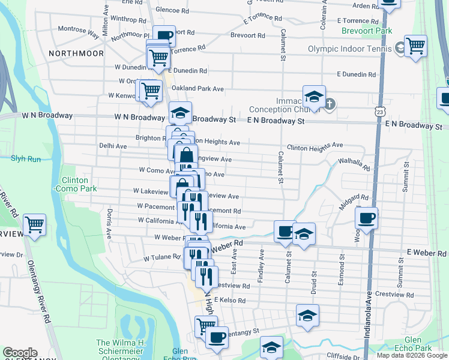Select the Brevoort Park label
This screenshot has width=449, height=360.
click(366, 31)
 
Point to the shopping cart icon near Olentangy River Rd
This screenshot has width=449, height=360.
click(35, 225)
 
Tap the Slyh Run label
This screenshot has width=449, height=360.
click(26, 159)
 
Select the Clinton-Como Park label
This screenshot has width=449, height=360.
click(75, 184)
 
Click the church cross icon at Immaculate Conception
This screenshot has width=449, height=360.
click(330, 104)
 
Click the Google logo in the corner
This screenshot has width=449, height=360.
click(19, 353)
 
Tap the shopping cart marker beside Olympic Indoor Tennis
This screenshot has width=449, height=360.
click(415, 46)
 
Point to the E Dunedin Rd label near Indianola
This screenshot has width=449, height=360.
click(356, 74)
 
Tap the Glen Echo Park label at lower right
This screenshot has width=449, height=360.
click(414, 344)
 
